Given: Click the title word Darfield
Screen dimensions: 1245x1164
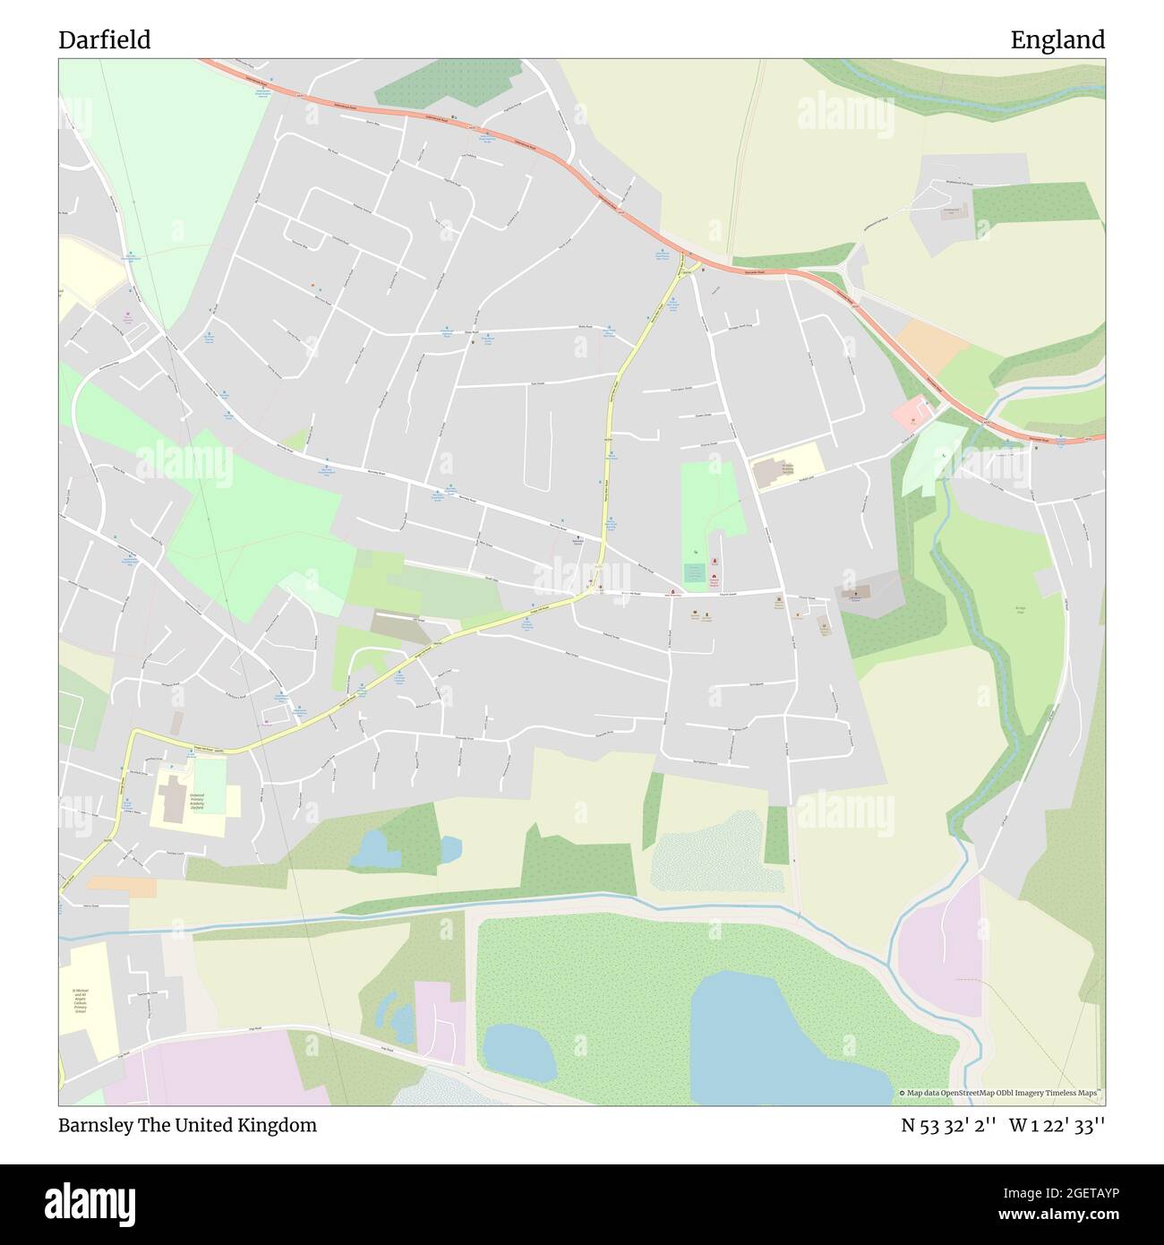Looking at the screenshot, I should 104,39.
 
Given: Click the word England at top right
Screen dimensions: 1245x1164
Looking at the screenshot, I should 1057,39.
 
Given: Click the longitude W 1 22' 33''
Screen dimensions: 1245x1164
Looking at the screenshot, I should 1057,1125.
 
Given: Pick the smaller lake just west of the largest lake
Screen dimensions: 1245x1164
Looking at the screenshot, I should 519,1052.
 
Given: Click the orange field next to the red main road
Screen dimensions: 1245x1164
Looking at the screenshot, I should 931,342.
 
